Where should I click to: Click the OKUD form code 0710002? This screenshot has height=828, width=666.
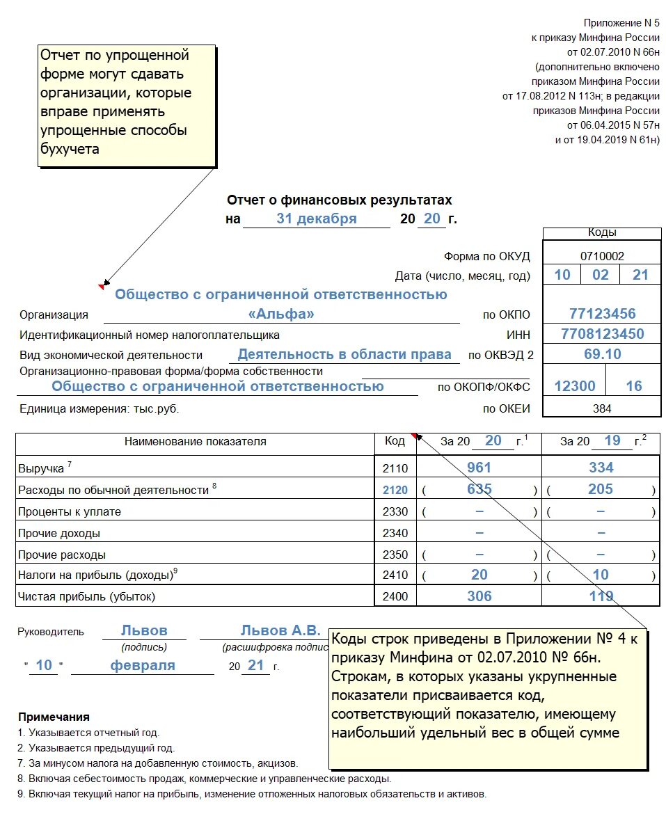[x=602, y=256]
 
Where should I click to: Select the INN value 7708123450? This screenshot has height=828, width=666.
[x=602, y=334]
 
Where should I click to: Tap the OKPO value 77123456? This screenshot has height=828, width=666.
[x=602, y=314]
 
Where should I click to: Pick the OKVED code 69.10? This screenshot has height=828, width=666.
[x=602, y=354]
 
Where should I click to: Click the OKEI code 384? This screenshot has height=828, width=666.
[x=602, y=408]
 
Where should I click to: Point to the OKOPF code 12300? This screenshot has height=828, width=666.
[x=575, y=386]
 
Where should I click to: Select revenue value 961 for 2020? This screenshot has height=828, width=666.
[x=479, y=468]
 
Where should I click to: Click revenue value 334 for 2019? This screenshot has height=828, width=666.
[x=601, y=468]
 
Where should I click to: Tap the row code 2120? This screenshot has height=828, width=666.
[x=395, y=490]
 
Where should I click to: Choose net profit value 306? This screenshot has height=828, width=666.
[x=479, y=596]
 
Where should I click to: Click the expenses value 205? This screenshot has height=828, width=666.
[x=601, y=489]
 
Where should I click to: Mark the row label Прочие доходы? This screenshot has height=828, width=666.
[x=59, y=534]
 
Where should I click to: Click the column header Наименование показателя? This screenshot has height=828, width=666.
[x=195, y=441]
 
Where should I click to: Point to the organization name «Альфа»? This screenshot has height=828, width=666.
[x=281, y=314]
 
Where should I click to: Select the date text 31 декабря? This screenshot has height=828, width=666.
[x=317, y=218]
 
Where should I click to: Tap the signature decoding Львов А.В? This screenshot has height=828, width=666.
[x=280, y=631]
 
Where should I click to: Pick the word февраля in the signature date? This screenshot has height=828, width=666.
[x=143, y=665]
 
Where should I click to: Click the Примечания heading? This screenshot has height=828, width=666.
[x=54, y=717]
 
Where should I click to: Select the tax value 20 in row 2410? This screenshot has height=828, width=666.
[x=479, y=575]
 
